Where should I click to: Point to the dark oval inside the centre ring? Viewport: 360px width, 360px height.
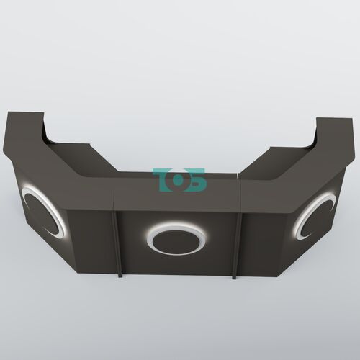(x=176, y=241)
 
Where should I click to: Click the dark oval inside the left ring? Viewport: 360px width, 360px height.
(x=41, y=214)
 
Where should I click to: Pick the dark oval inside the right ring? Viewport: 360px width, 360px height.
(x=317, y=218)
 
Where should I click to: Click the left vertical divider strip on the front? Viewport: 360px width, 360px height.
(x=117, y=243)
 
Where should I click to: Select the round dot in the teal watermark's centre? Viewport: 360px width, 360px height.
(x=178, y=181)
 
